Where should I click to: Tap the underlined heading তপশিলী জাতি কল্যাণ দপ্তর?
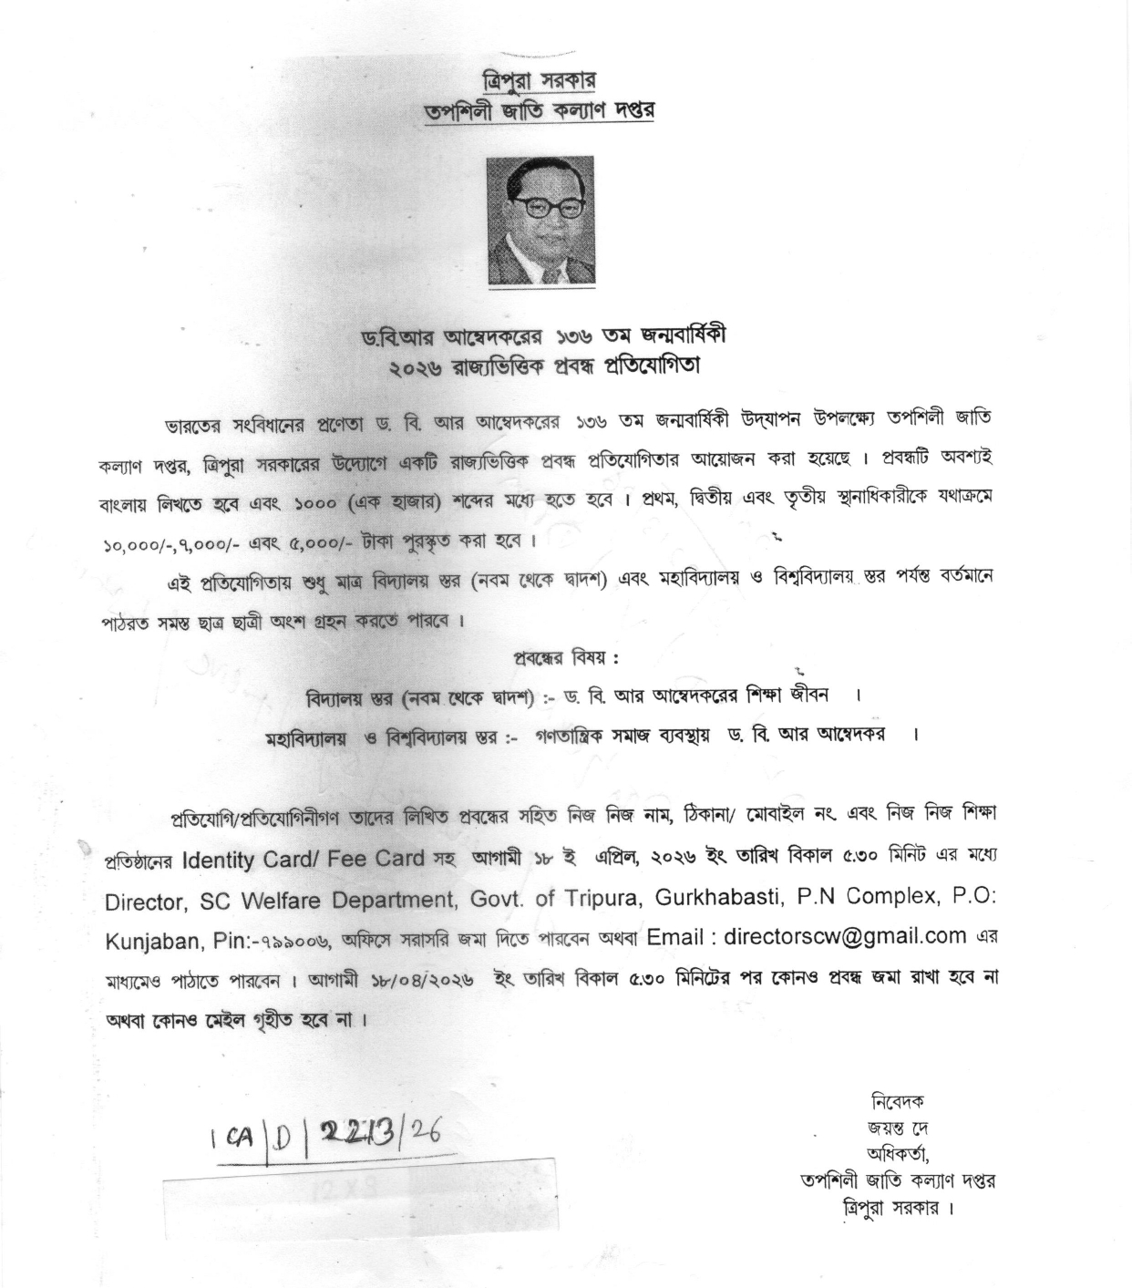click(540, 112)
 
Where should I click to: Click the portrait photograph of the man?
click(540, 221)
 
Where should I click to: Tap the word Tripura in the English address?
click(595, 898)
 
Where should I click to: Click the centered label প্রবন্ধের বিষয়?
click(567, 658)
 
